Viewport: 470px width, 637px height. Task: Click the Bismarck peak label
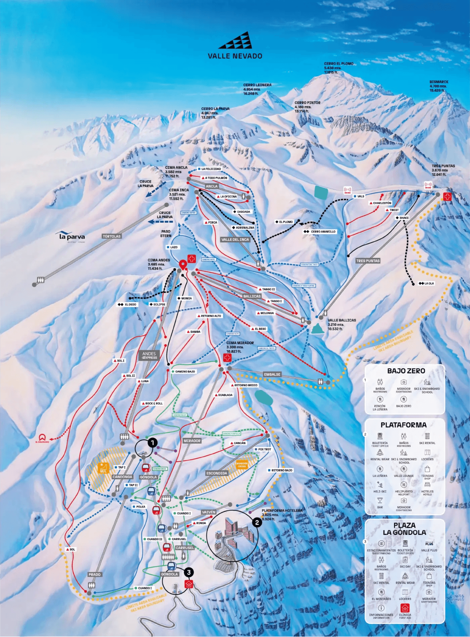pyautogui.click(x=438, y=86)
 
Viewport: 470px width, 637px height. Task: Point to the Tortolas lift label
pyautogui.click(x=111, y=236)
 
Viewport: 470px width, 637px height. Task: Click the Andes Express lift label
pyautogui.click(x=149, y=355)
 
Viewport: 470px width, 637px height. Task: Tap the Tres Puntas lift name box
pyautogui.click(x=368, y=261)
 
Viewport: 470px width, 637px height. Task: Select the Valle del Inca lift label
pyautogui.click(x=235, y=240)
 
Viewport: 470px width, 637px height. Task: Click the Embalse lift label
pyautogui.click(x=272, y=374)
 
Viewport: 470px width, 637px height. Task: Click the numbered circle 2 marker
pyautogui.click(x=257, y=522)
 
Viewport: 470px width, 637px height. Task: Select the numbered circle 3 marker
pyautogui.click(x=189, y=572)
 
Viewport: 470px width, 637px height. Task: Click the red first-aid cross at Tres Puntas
pyautogui.click(x=447, y=197)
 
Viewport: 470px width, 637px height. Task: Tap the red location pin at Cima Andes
pyautogui.click(x=183, y=264)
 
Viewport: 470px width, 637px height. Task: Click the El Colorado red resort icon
pyautogui.click(x=42, y=437)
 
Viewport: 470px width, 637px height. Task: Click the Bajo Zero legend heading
pyautogui.click(x=406, y=371)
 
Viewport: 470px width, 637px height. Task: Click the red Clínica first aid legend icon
pyautogui.click(x=405, y=608)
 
